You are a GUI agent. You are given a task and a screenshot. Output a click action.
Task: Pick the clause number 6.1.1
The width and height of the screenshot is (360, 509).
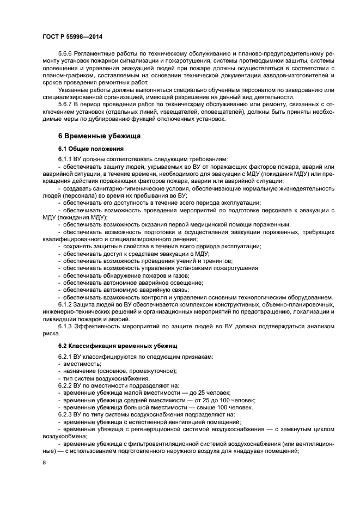(x=65, y=159)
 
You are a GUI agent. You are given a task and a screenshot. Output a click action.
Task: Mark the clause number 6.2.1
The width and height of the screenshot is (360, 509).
(x=65, y=357)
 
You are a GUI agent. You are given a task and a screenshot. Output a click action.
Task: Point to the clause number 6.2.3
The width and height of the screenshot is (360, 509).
(x=65, y=414)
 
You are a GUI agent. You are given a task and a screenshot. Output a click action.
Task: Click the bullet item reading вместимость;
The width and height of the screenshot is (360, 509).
(x=82, y=364)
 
